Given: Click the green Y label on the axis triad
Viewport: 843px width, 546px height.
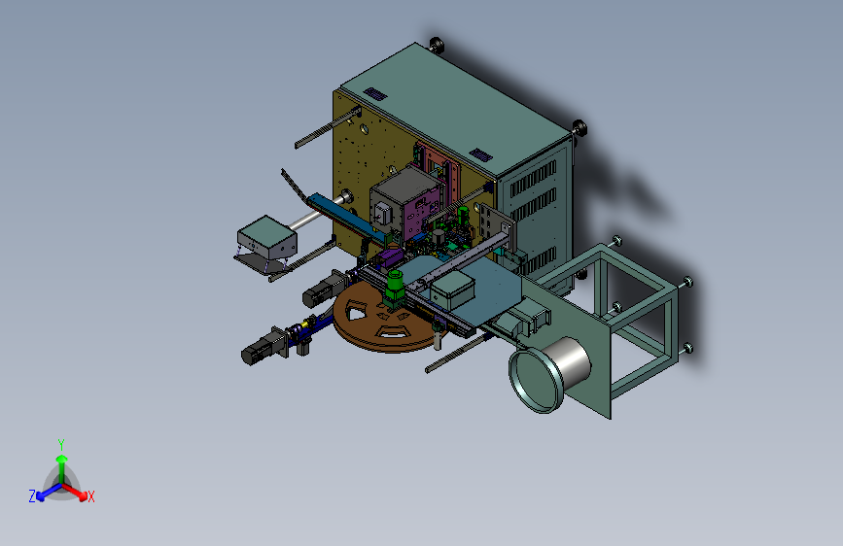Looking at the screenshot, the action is click(61, 445).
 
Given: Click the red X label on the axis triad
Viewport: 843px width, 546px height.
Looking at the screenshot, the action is click(90, 497).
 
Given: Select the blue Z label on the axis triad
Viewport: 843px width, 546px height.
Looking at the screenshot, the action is click(32, 496).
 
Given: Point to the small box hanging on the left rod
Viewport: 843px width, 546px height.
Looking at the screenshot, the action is click(266, 237).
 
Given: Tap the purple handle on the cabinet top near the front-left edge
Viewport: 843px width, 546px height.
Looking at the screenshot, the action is click(375, 94).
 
